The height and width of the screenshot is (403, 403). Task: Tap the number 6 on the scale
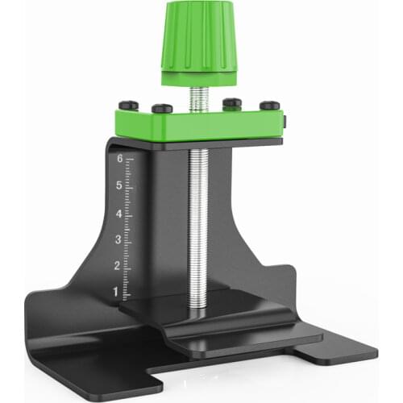pyautogui.click(x=119, y=160)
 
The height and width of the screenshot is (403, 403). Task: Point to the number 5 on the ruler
pyautogui.click(x=119, y=186)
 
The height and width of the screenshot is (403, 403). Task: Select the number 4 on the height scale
pyautogui.click(x=118, y=214)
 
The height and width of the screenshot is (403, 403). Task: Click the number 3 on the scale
pyautogui.click(x=117, y=240)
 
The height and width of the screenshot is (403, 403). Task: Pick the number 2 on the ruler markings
pyautogui.click(x=116, y=266)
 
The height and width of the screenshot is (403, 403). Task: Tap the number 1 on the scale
pyautogui.click(x=115, y=291)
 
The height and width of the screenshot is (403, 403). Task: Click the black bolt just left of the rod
pyautogui.click(x=162, y=108)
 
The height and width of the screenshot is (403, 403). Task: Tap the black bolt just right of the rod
pyautogui.click(x=232, y=102)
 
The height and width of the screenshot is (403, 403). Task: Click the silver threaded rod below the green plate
pyautogui.click(x=198, y=226)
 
